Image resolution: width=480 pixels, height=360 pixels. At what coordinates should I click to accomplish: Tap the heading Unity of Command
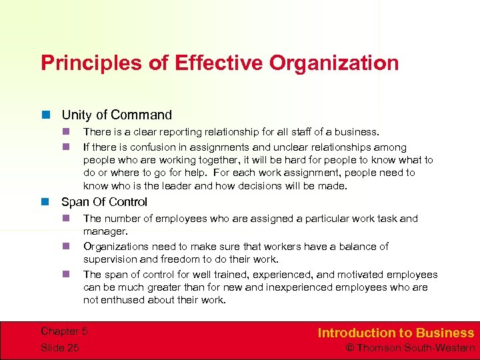[117, 115]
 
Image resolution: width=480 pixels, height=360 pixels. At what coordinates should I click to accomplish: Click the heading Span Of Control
[104, 202]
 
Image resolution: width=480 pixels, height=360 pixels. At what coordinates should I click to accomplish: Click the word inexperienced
[295, 287]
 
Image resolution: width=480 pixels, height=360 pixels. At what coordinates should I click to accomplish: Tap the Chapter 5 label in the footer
[64, 331]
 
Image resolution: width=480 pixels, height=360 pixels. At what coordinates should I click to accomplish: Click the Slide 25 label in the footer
[59, 347]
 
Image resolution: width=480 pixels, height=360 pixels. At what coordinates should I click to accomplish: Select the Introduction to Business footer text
[395, 333]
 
